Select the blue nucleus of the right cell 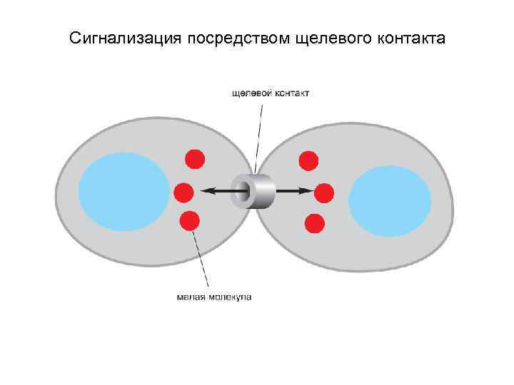pos(390,200)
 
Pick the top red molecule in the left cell pos(195,158)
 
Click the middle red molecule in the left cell pos(183,191)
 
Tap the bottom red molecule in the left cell pos(190,221)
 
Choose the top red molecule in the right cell pos(308,160)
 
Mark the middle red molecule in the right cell pos(324,192)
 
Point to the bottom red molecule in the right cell pos(314,223)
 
